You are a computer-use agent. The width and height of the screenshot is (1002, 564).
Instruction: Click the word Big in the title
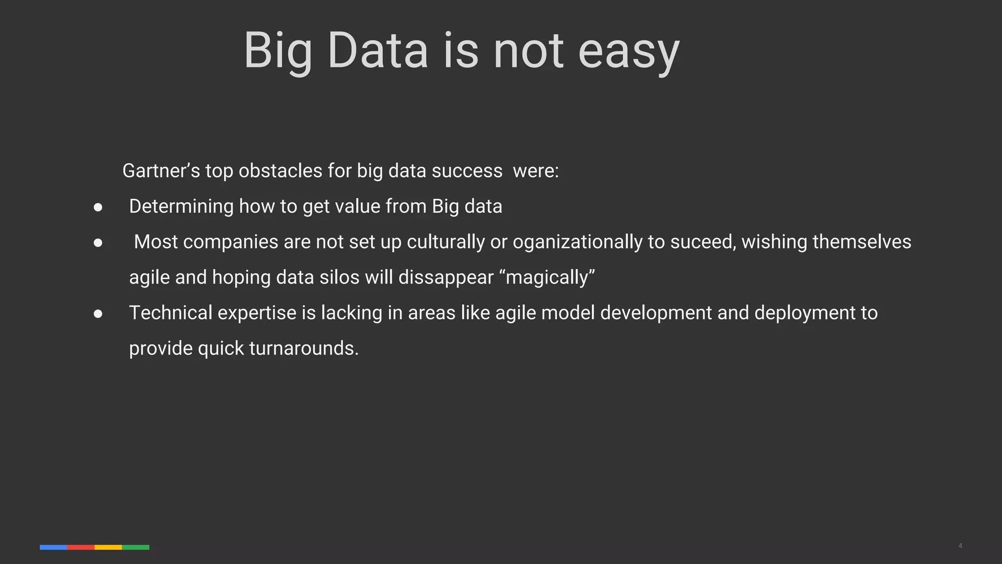pos(277,51)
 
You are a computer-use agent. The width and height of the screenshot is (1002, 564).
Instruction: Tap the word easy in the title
pos(629,51)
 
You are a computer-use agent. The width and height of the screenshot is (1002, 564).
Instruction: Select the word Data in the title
pos(378,51)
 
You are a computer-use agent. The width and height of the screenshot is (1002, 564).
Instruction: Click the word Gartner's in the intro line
pos(161,171)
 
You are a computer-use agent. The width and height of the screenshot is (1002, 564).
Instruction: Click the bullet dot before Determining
pos(98,208)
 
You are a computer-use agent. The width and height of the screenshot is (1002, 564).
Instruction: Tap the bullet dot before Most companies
pos(98,243)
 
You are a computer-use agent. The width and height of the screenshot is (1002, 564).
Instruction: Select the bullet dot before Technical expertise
pos(98,314)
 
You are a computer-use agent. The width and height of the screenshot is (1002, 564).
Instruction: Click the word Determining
pos(181,207)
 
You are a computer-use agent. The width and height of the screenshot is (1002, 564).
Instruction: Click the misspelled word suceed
pos(703,242)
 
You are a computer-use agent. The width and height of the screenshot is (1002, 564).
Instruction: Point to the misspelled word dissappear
pos(446,278)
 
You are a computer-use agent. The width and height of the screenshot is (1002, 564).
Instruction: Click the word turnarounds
pos(303,349)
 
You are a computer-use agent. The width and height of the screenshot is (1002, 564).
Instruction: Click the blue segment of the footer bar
pos(53,547)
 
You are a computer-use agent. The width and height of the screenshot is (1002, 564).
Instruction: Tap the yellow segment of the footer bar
pos(108,547)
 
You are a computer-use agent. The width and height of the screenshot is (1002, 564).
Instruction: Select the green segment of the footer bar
pos(136,547)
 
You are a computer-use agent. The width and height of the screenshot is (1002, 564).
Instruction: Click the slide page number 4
pos(960,546)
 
